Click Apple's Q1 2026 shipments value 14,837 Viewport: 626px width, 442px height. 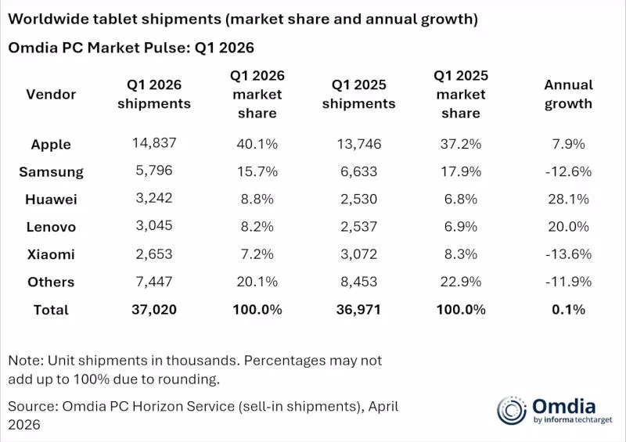154,143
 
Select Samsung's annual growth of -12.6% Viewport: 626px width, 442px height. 568,171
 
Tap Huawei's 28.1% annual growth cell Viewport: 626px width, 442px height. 568,199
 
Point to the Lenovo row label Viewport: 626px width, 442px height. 51,227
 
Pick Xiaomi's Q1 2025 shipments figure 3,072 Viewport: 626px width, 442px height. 358,254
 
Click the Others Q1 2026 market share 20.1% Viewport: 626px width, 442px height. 257,282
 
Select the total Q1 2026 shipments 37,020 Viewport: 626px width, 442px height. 154,310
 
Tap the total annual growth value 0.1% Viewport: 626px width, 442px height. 568,310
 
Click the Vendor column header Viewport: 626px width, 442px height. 51,94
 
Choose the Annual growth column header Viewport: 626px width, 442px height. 568,94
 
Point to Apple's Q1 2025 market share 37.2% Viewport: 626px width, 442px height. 461,144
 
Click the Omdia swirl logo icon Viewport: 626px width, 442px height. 512,411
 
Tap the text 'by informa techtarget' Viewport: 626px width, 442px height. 573,419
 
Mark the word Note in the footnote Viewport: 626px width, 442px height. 26,361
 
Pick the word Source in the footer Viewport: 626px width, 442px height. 34,407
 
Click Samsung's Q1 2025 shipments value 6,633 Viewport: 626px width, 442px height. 358,171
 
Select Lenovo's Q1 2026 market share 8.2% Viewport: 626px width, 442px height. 257,227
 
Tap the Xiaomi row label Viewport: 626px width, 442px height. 51,254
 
